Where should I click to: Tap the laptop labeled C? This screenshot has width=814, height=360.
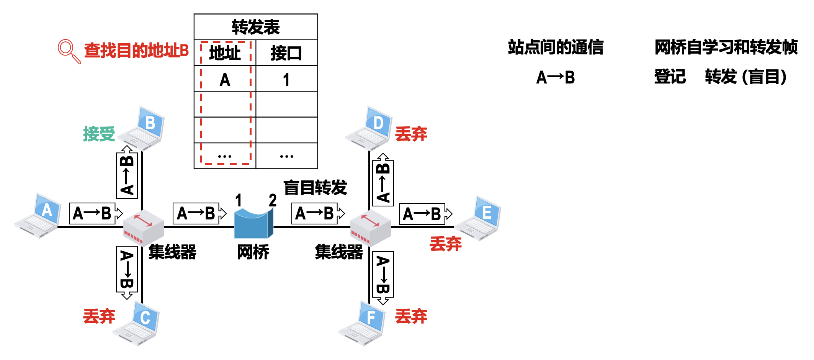(137, 324)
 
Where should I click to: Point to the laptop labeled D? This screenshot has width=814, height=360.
(369, 129)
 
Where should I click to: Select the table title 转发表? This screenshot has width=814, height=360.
(256, 27)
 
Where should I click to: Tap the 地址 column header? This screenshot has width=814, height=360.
(225, 53)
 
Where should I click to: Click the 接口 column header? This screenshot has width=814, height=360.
(286, 53)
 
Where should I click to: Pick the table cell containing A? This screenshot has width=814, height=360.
(225, 79)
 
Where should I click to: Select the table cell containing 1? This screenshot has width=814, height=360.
(286, 79)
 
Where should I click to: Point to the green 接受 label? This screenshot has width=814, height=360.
(99, 134)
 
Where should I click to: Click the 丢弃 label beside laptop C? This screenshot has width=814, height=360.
(99, 316)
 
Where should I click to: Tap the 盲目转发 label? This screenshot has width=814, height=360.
(315, 188)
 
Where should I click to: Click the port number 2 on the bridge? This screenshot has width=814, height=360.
(272, 200)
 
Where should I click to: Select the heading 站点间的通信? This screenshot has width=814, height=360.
(556, 47)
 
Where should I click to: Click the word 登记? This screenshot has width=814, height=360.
(670, 77)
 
